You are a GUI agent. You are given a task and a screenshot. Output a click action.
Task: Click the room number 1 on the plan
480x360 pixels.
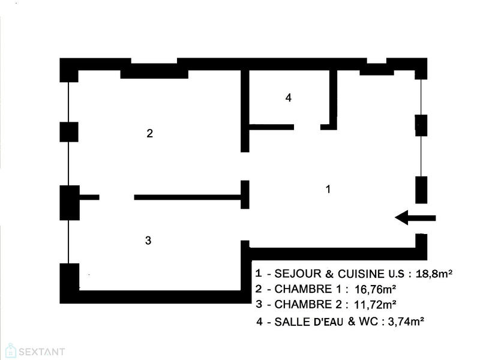(328, 189)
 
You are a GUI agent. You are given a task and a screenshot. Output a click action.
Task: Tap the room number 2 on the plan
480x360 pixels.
(149, 133)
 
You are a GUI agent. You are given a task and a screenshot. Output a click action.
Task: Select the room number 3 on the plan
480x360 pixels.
(148, 241)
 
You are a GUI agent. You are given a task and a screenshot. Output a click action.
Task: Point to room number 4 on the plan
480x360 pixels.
(288, 98)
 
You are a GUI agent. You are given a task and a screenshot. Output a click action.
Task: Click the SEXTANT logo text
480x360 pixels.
(40, 352)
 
